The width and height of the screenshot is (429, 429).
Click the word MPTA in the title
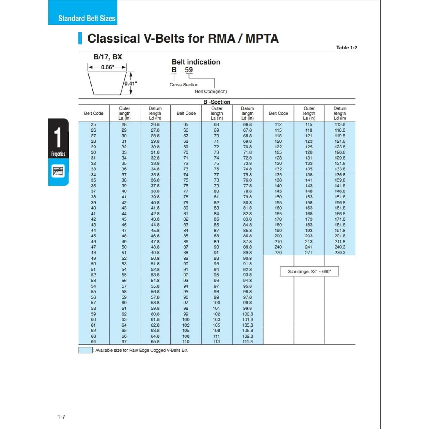[262, 39]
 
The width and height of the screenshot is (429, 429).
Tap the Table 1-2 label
[347, 48]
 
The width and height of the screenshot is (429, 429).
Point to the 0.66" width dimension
[107, 67]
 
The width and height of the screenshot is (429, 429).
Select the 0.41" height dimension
[131, 84]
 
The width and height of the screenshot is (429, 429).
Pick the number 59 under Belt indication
[189, 70]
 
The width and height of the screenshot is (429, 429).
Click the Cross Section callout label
[184, 85]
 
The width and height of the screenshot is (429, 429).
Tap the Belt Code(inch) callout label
[211, 92]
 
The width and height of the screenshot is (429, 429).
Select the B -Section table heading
[217, 102]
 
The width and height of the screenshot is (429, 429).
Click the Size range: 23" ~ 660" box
[309, 271]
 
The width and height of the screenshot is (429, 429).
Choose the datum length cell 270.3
[340, 253]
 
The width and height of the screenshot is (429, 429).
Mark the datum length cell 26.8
[155, 125]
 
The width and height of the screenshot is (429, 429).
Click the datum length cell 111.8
[247, 342]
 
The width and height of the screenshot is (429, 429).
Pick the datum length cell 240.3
[340, 247]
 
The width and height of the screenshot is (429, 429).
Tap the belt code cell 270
[278, 253]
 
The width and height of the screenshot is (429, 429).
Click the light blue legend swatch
[86, 350]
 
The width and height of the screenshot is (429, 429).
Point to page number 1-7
[61, 417]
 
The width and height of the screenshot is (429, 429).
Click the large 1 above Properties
[58, 137]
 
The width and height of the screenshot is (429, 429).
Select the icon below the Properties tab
[58, 171]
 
